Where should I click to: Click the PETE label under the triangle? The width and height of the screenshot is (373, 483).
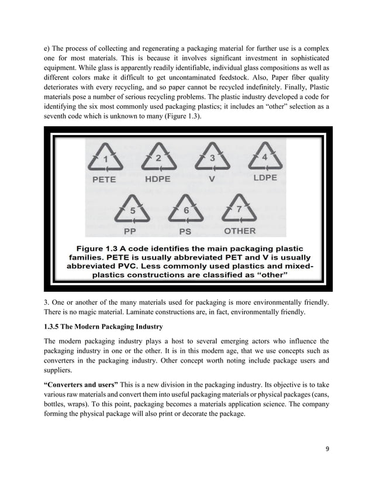click(x=105, y=180)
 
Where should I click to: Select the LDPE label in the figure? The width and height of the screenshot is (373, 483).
click(x=266, y=179)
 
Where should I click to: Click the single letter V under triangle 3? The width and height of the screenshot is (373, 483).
click(x=213, y=180)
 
